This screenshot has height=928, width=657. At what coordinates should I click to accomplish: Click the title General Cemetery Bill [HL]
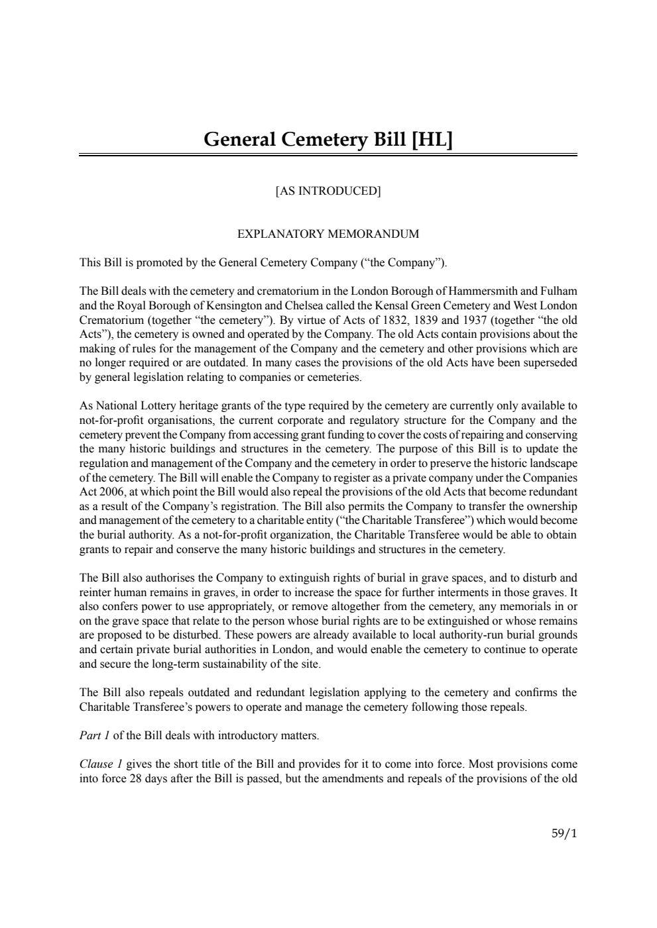tap(328, 140)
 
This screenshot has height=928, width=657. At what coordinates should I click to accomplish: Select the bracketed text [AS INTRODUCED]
tap(328, 191)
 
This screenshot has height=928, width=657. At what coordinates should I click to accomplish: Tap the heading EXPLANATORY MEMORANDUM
tap(328, 234)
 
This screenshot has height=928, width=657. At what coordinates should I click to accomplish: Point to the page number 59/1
tap(564, 833)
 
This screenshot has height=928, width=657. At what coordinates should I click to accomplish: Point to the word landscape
tap(552, 463)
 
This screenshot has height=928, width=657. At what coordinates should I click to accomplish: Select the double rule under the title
tap(328, 156)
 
